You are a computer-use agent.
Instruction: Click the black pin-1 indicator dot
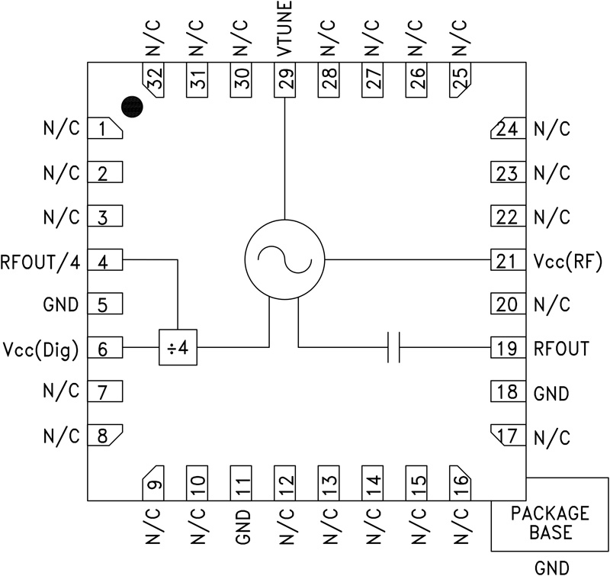tap(133, 107)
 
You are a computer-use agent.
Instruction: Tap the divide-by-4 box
tap(178, 348)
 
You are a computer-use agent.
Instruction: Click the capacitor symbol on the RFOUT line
tap(393, 348)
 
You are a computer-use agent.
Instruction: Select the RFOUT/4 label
tap(43, 261)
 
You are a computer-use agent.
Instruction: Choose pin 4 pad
tap(106, 261)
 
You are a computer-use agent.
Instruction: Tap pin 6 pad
tap(106, 349)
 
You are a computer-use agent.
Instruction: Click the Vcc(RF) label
tap(568, 262)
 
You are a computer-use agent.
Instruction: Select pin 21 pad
tap(506, 262)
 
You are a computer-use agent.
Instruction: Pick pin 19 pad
tap(506, 349)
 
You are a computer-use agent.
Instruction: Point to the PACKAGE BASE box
tap(549, 523)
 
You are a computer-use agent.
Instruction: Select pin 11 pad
tap(242, 481)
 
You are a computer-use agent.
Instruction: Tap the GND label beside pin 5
tap(62, 305)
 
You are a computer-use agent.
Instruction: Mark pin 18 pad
tap(506, 393)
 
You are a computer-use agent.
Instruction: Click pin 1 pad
tap(106, 129)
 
